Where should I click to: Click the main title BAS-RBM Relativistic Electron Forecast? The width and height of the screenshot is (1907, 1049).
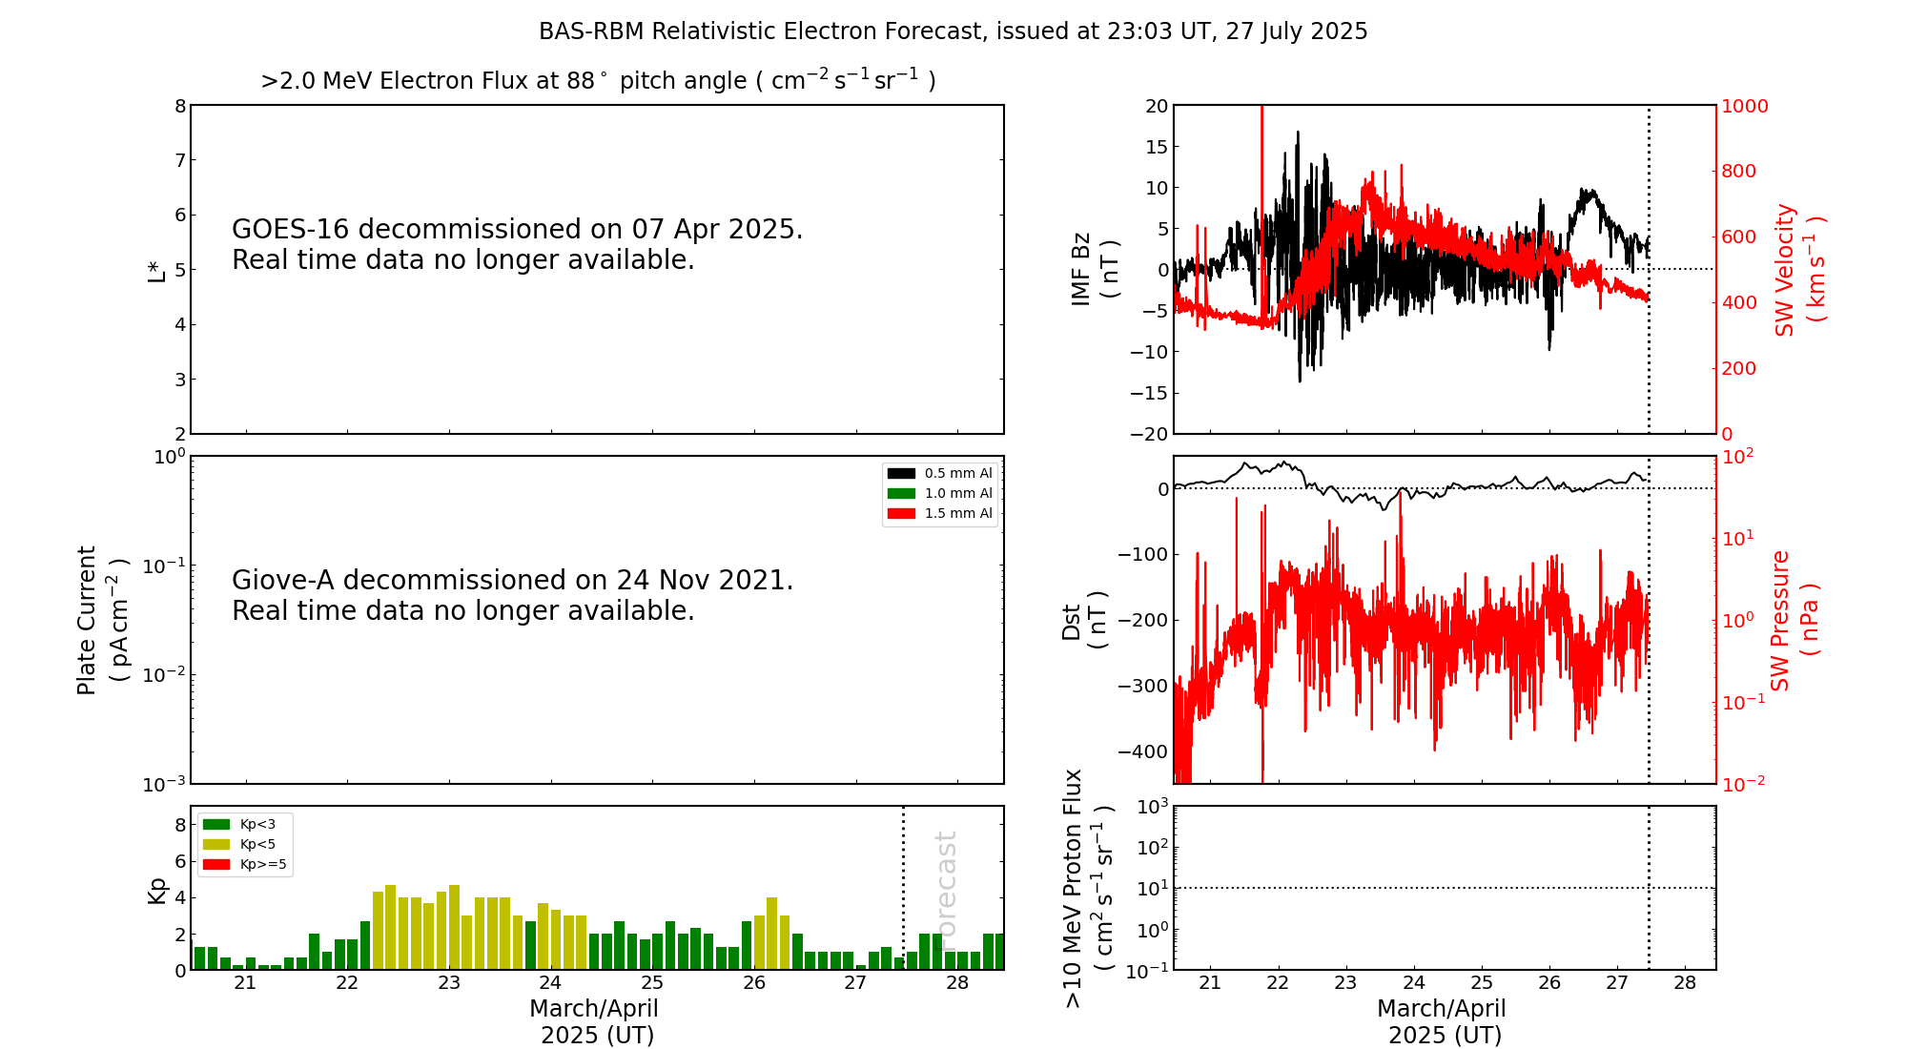[953, 31]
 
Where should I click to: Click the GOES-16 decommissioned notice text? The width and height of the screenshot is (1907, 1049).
[517, 244]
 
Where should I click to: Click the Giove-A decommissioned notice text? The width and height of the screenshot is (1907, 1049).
[512, 595]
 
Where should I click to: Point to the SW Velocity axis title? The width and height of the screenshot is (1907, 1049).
[1798, 270]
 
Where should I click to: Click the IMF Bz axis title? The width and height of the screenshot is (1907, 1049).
[1094, 269]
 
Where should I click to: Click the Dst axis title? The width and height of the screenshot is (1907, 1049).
[1084, 620]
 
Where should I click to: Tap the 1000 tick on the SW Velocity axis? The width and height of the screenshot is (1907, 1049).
[1744, 106]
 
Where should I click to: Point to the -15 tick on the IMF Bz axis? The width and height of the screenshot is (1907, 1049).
[1149, 393]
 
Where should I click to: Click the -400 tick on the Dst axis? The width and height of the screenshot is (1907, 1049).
[1143, 751]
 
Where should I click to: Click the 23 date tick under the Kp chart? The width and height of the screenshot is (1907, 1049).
[449, 983]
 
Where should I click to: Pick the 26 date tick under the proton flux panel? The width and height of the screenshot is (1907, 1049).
[1549, 983]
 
